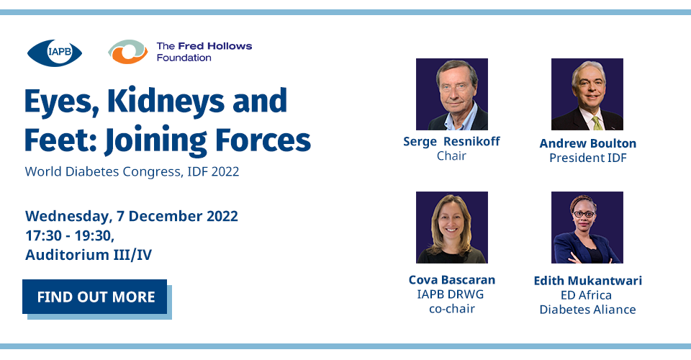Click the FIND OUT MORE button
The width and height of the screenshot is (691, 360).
95,297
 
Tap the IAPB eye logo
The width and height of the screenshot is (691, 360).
55,53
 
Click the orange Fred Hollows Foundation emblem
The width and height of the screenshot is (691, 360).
128,52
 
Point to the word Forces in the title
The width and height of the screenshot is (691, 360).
263,140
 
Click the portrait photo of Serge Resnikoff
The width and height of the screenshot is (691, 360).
452,94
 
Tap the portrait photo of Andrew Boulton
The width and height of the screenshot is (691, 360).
587,94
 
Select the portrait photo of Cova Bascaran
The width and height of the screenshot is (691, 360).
452,228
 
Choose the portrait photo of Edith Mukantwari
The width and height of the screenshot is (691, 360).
587,228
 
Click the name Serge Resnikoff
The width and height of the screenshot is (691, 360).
452,141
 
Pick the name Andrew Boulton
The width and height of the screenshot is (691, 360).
588,143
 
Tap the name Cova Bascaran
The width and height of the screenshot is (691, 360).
452,280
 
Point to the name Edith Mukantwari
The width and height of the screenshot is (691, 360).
588,281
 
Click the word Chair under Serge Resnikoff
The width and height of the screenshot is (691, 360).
452,156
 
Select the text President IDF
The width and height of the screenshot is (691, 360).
588,158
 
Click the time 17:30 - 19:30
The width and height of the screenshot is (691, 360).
70,235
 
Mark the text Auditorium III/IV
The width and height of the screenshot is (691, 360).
89,255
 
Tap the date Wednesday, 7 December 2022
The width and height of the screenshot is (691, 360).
132,216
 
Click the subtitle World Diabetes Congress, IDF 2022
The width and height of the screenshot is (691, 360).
132,171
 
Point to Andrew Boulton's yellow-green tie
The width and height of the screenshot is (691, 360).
597,123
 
